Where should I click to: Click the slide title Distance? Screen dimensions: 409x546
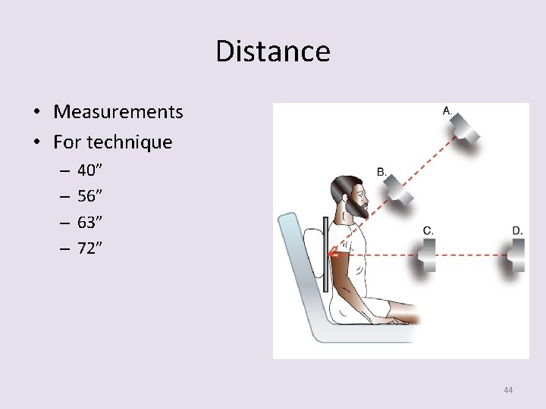[273, 52]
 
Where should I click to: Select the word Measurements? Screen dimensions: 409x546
[118, 112]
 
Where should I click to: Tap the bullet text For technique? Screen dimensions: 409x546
[113, 142]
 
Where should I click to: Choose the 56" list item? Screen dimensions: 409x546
[90, 196]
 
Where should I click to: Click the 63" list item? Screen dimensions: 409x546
[90, 221]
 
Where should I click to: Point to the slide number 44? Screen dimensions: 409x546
[507, 390]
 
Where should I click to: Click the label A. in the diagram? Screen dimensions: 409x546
[447, 111]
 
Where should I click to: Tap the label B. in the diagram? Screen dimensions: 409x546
[381, 172]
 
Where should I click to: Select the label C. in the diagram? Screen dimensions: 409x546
[428, 230]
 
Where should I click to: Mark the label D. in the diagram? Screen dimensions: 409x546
[517, 230]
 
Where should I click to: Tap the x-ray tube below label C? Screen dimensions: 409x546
[425, 256]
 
